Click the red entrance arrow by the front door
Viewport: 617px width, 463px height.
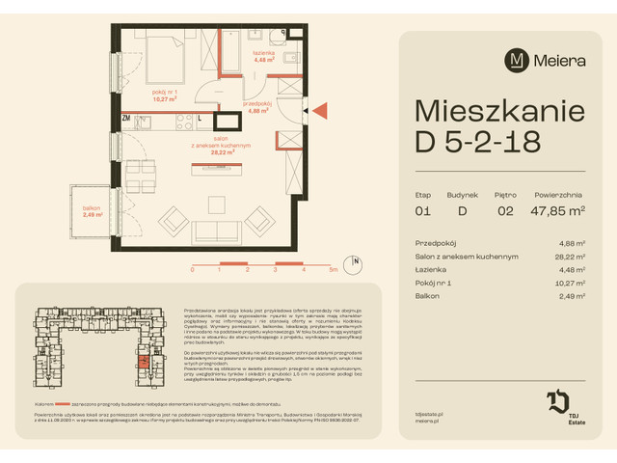pyautogui.click(x=322, y=111)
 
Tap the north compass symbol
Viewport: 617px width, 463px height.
pyautogui.click(x=356, y=261)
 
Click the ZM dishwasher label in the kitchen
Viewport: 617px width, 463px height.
pyautogui.click(x=126, y=118)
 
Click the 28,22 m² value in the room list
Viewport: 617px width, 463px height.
pyautogui.click(x=572, y=257)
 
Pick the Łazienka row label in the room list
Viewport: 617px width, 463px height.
pyautogui.click(x=430, y=269)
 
